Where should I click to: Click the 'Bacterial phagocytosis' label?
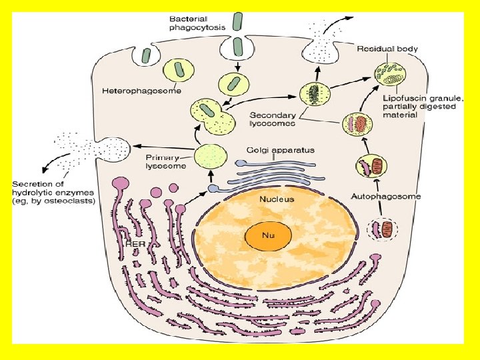(x=197, y=23)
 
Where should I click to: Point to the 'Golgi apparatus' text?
(x=280, y=150)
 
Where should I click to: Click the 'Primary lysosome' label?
(x=165, y=162)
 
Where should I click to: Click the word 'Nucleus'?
(x=277, y=198)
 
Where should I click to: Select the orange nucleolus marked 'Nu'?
(x=269, y=235)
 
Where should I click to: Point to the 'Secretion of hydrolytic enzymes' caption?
(x=54, y=192)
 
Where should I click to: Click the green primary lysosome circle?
(x=211, y=157)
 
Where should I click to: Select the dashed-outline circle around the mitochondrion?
(x=382, y=230)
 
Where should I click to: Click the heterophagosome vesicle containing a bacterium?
(x=177, y=70)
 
